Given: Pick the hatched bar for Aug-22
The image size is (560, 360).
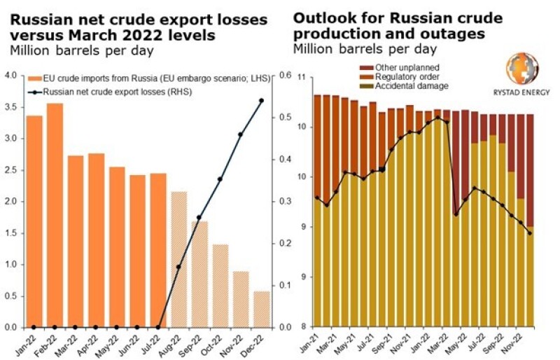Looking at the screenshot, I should pyautogui.click(x=178, y=259).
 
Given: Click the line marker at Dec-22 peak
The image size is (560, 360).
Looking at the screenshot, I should pyautogui.click(x=261, y=101).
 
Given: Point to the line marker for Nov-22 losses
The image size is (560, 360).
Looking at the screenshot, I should pyautogui.click(x=240, y=134).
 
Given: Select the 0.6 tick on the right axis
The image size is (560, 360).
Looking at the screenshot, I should pyautogui.click(x=286, y=76).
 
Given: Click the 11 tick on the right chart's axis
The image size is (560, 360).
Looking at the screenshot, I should pyautogui.click(x=302, y=76).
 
